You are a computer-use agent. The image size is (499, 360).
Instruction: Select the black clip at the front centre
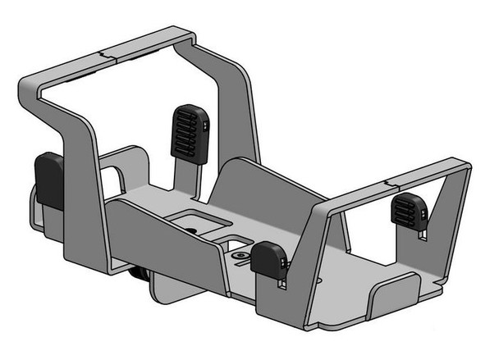click(x=268, y=260)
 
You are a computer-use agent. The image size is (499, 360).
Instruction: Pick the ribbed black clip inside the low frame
click(x=406, y=211)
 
